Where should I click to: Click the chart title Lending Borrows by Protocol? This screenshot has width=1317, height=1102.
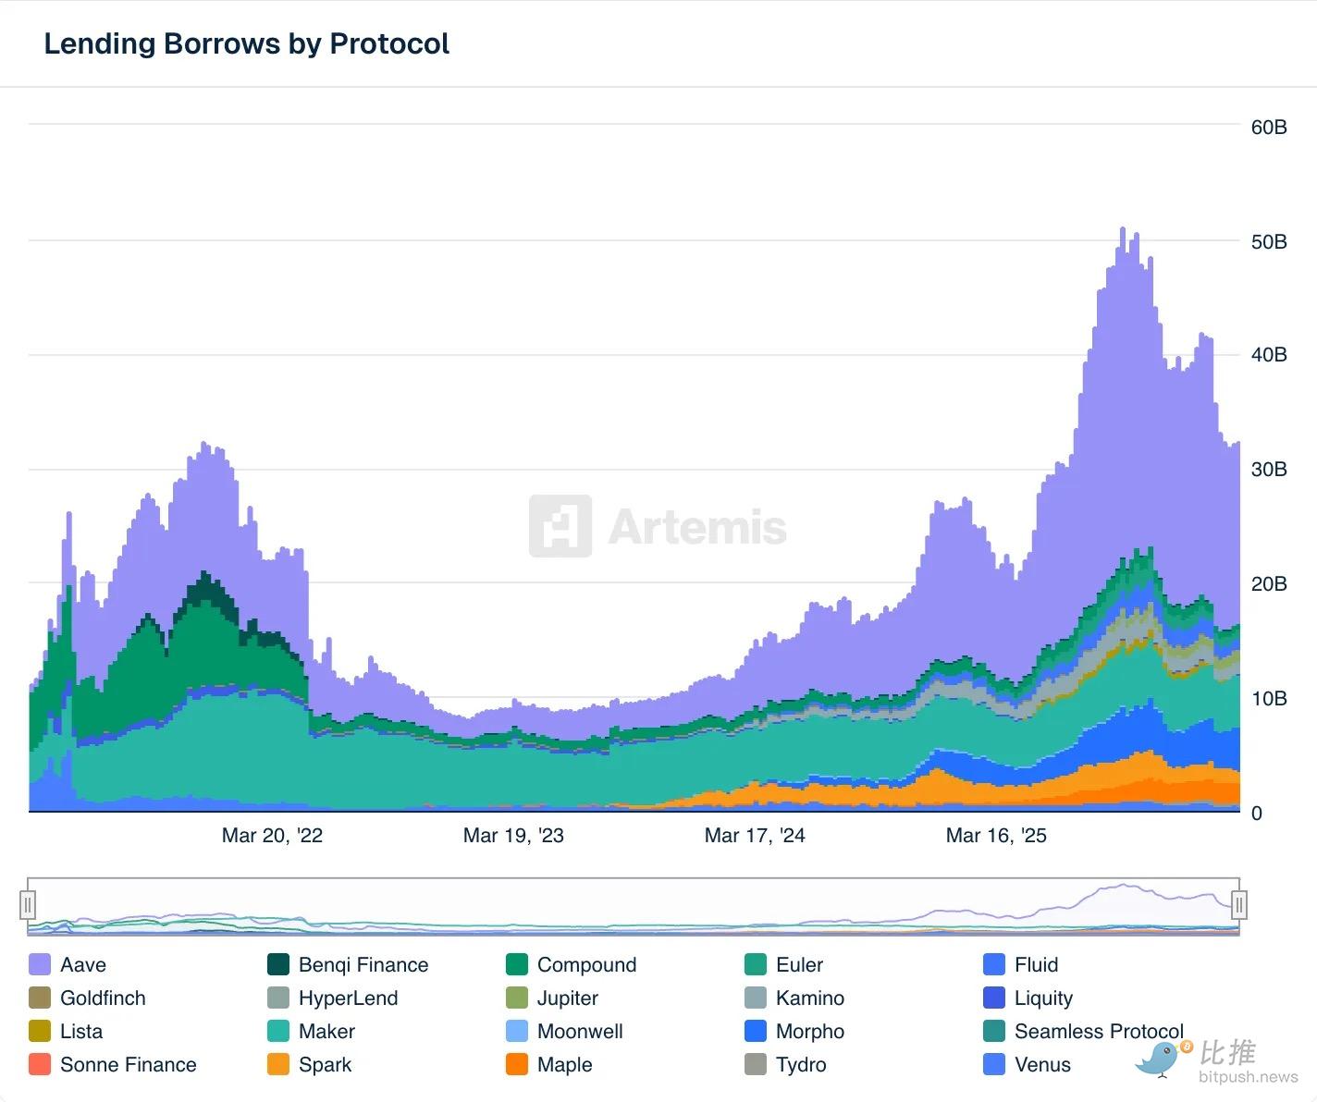(246, 43)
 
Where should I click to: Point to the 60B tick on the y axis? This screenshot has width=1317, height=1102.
(1268, 127)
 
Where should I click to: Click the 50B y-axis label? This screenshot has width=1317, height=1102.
(1268, 241)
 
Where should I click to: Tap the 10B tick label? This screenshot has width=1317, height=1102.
(1268, 698)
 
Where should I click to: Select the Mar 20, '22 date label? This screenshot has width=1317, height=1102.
(272, 836)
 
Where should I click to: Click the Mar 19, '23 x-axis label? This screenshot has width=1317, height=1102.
(513, 836)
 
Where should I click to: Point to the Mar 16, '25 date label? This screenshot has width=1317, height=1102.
(996, 836)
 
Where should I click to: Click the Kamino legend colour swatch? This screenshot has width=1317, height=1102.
(756, 998)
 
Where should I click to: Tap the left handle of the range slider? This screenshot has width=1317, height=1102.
(28, 904)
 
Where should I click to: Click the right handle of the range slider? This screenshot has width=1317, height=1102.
(1239, 904)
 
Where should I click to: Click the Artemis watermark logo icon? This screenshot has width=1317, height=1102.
(560, 526)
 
